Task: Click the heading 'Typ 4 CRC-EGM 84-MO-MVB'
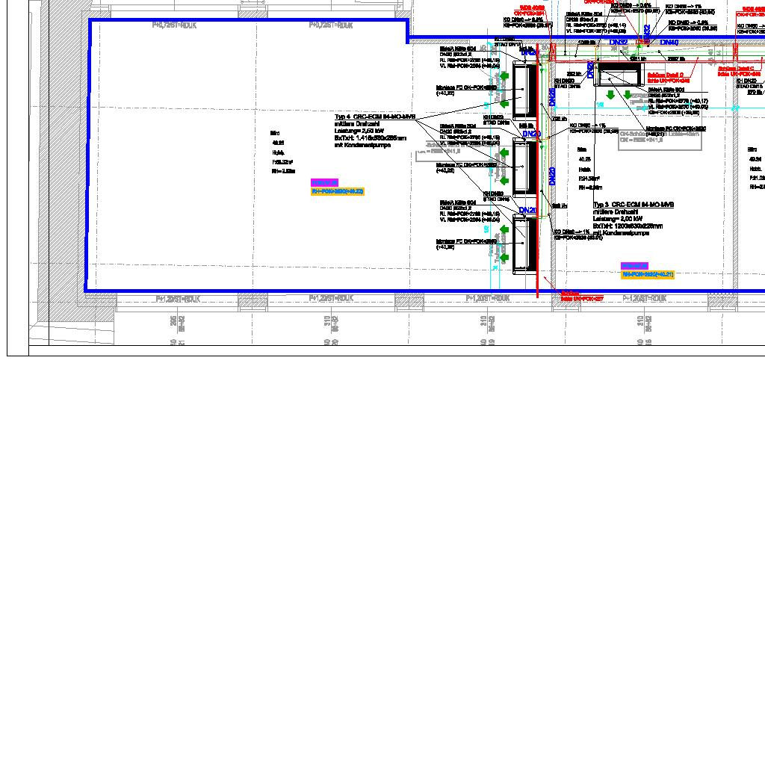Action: [374, 117]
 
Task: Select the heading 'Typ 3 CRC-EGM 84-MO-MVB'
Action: [634, 205]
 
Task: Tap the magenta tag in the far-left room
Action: [324, 182]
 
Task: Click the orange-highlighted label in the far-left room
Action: [337, 192]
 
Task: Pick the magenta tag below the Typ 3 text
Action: [634, 266]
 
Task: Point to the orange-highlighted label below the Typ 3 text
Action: [648, 275]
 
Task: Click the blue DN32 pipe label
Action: [619, 43]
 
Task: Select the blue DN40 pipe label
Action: [669, 43]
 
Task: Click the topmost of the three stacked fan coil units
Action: [525, 91]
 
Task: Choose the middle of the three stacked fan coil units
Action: [525, 168]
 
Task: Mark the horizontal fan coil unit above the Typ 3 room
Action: [620, 74]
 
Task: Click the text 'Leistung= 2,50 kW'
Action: [359, 131]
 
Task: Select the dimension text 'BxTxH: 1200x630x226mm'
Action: [628, 226]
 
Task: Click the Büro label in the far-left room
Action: [275, 133]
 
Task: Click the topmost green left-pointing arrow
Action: [504, 76]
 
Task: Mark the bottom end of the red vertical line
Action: [538, 295]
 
